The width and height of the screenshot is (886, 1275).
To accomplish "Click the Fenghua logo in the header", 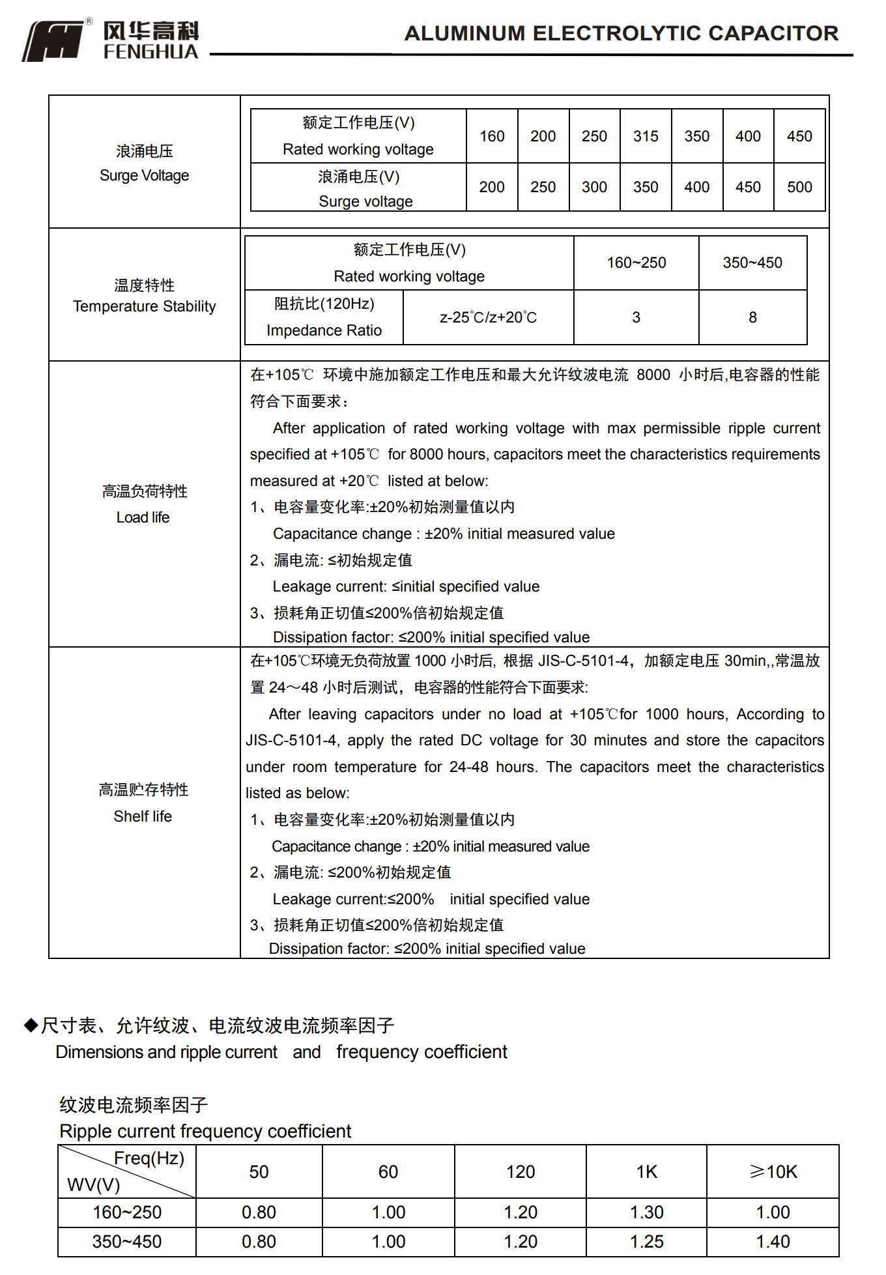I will (111, 40).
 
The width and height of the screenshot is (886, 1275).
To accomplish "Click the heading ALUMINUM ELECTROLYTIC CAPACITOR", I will (621, 33).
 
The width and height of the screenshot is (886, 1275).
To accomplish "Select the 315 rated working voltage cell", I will (646, 136).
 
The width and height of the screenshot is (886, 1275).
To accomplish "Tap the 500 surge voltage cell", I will (799, 187).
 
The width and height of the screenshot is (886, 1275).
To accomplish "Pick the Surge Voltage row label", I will (144, 164).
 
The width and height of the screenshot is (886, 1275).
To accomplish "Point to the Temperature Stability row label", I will (144, 296).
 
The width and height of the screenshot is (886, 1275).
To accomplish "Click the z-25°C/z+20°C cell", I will (488, 317).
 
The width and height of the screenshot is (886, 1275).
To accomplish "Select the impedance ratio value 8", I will (752, 317).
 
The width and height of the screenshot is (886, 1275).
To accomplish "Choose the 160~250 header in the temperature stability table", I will (636, 263).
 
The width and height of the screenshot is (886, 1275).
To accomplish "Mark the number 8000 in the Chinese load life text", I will (653, 375).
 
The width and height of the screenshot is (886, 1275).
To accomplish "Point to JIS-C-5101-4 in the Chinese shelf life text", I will (582, 661).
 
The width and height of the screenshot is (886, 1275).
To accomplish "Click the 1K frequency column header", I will (646, 1172).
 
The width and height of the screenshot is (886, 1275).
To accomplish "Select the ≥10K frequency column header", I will (773, 1172).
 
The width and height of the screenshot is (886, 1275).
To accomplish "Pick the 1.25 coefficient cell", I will (646, 1242).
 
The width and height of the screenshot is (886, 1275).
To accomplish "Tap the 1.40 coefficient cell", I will (773, 1242).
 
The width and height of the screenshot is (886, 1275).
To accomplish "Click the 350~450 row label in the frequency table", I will (126, 1242).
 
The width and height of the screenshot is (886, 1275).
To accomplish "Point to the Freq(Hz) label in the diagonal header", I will (149, 1158).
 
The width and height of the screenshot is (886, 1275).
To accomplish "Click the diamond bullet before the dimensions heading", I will (31, 1025).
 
